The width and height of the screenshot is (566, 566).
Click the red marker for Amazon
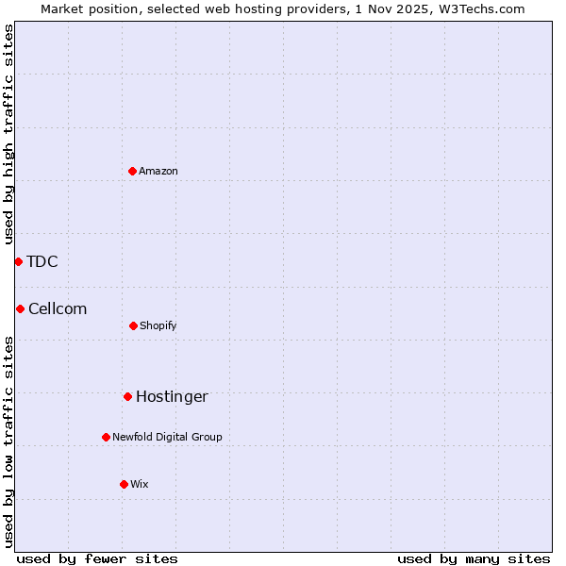(x=132, y=171)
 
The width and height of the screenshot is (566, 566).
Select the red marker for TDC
(x=18, y=261)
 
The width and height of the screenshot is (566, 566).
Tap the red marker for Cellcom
(x=20, y=308)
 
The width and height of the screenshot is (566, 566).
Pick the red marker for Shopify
(x=133, y=325)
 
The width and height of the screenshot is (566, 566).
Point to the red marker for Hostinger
(x=127, y=396)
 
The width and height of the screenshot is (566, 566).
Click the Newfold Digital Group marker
(x=106, y=437)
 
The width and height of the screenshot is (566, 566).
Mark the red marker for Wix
(x=124, y=484)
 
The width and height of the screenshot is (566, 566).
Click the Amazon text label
(x=158, y=171)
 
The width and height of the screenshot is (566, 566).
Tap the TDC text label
(x=42, y=261)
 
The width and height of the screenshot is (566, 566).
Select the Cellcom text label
(x=58, y=308)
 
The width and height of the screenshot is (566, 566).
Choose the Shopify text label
(x=158, y=325)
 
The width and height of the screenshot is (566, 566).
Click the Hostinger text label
(x=172, y=396)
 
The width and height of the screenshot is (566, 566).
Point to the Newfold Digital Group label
(x=167, y=437)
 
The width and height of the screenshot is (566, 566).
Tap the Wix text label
(x=140, y=484)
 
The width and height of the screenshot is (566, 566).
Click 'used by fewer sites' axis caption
(x=97, y=558)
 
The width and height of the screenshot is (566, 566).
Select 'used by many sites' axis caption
(x=474, y=558)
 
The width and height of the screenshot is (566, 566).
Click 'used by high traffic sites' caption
(x=8, y=134)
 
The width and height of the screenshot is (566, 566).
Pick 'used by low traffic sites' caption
(x=8, y=441)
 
